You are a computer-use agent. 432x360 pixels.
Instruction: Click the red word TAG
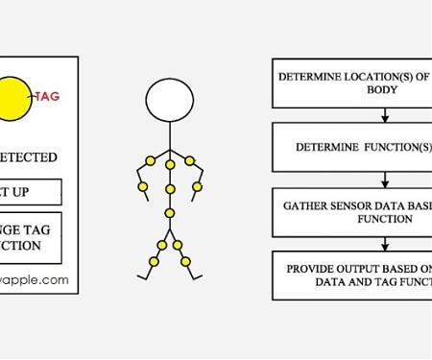(x=48, y=96)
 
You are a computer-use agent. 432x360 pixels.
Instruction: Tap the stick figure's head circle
(x=170, y=98)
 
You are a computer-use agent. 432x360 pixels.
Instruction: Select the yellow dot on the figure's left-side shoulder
(x=149, y=159)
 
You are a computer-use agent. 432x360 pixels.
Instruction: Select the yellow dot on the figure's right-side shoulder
(x=190, y=159)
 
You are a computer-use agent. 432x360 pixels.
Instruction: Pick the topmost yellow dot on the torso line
(x=170, y=165)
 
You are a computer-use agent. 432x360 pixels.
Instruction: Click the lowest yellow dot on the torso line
(x=170, y=213)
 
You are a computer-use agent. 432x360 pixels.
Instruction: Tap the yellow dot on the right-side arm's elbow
(x=198, y=185)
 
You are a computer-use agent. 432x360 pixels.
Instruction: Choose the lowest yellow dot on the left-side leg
(x=152, y=260)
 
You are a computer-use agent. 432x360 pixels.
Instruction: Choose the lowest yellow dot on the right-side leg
(x=186, y=260)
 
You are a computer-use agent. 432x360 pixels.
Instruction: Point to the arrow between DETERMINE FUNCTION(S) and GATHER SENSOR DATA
(x=385, y=180)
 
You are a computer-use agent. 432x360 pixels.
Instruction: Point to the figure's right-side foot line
(x=198, y=277)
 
